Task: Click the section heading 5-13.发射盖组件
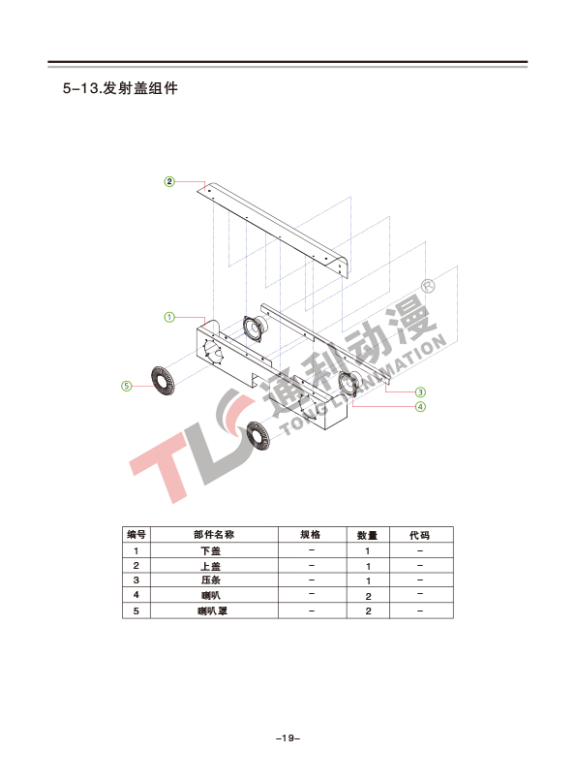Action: pos(120,88)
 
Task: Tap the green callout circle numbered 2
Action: pos(169,181)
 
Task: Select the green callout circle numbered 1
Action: pos(169,317)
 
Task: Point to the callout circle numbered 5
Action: pos(127,386)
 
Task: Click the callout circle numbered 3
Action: pos(420,392)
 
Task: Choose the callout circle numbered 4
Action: pos(420,407)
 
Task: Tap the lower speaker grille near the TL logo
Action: pos(258,436)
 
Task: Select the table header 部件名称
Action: pos(214,535)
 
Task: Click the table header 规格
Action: pos(310,535)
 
